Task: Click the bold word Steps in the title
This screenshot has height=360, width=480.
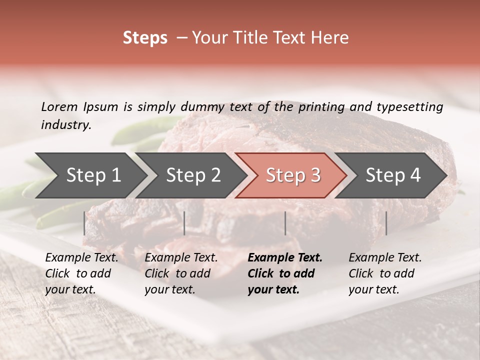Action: [145, 38]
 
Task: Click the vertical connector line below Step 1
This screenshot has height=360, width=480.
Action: [84, 223]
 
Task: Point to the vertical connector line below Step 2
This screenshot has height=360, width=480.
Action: [184, 223]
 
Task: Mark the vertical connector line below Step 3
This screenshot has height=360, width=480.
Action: [285, 223]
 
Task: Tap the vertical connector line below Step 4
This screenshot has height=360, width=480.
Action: [386, 223]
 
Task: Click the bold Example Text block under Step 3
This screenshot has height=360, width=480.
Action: [285, 273]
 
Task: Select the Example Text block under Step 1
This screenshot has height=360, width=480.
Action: [81, 273]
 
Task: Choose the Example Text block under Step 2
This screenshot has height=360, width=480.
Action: [181, 273]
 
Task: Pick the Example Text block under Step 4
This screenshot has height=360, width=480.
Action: [385, 273]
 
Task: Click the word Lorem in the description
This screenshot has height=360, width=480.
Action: [59, 106]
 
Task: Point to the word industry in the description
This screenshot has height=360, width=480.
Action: [65, 125]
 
